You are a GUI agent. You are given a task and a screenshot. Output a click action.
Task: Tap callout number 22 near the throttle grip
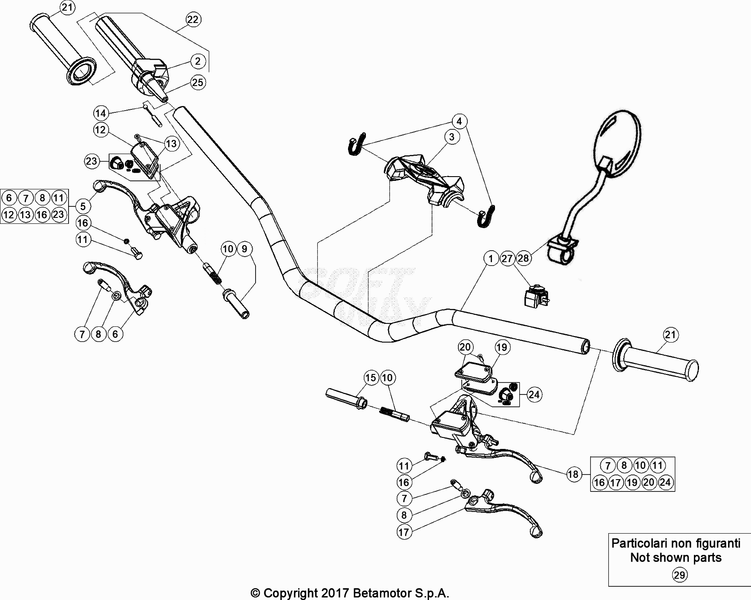[x=193, y=19]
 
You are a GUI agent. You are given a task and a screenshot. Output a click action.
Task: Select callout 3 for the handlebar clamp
[x=452, y=137]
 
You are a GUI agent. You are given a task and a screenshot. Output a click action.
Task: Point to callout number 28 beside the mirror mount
[x=523, y=258]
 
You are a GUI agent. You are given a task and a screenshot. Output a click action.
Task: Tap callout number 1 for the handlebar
[x=491, y=258]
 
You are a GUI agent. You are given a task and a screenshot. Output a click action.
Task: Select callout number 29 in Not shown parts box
[x=679, y=575]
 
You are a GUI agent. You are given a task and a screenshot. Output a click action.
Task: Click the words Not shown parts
[x=676, y=557]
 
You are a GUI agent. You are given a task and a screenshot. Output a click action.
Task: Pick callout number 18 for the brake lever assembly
[x=574, y=474]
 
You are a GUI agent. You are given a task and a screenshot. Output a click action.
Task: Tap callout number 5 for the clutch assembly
[x=83, y=206]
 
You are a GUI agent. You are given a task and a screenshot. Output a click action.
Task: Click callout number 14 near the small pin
[x=101, y=113]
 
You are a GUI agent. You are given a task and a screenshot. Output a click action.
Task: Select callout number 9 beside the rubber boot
[x=245, y=249]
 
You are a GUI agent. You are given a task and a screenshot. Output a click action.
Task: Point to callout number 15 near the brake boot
[x=371, y=377]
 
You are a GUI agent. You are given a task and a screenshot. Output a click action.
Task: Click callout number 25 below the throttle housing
[x=198, y=82]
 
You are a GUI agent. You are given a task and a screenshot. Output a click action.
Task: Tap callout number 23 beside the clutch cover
[x=92, y=161]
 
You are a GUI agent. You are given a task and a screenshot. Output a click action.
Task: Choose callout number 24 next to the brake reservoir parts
[x=534, y=395]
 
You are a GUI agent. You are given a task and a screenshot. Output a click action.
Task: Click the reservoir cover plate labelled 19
[x=473, y=368]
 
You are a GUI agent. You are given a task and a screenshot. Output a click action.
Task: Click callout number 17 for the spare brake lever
[x=404, y=532]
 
